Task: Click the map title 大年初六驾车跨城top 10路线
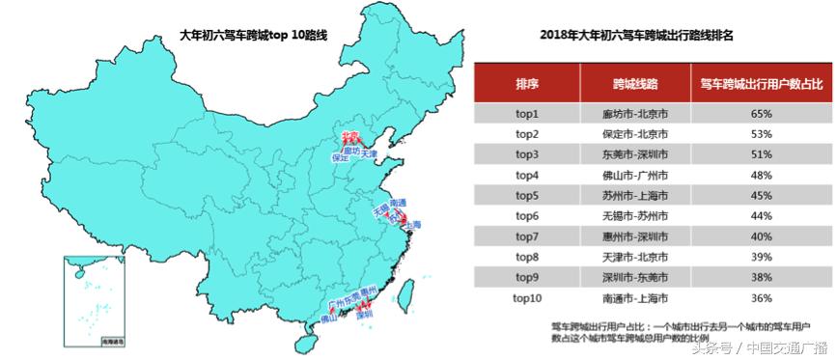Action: pyautogui.click(x=254, y=35)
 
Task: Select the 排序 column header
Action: pyautogui.click(x=527, y=83)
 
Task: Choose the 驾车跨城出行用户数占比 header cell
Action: pyautogui.click(x=761, y=83)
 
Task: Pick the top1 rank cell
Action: pyautogui.click(x=527, y=113)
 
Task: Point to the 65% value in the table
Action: pyautogui.click(x=761, y=113)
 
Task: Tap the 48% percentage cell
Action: pyautogui.click(x=761, y=175)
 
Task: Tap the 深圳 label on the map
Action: pyautogui.click(x=364, y=314)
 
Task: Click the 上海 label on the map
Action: pyautogui.click(x=411, y=225)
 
